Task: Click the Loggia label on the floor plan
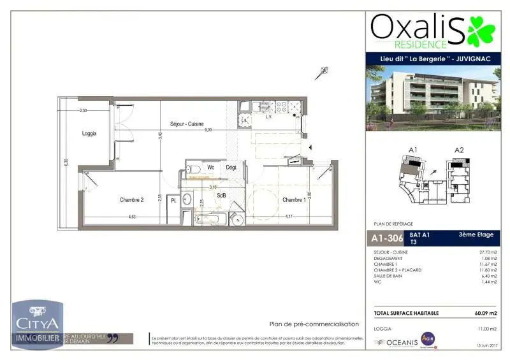point(89,134)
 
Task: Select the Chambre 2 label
point(132,200)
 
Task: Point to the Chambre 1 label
point(295,200)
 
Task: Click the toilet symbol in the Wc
point(194,169)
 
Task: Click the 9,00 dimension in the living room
point(208,130)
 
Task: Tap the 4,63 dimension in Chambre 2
point(132,217)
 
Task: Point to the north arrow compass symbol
point(322,73)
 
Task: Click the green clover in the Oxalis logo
point(481,30)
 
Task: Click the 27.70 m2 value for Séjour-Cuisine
point(487,253)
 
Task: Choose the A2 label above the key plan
point(459,150)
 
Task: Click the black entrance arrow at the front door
point(310,148)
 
